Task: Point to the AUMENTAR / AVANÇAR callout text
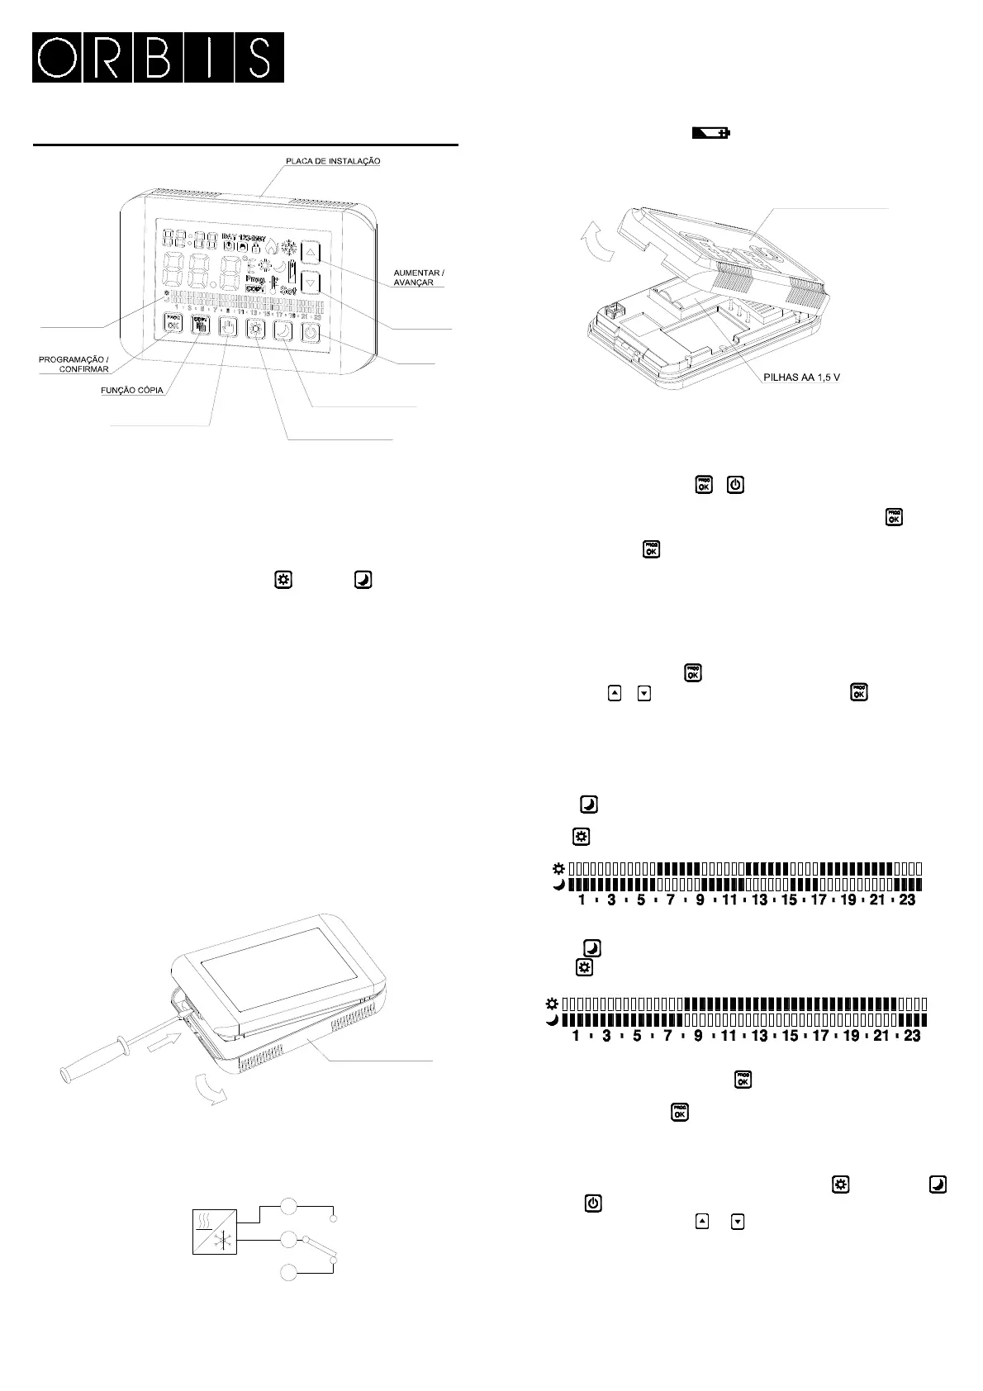coord(419,278)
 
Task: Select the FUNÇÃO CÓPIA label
coord(126,390)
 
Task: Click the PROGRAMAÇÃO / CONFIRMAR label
coord(74,364)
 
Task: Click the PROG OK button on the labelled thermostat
coord(173,324)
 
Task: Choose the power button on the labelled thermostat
coord(311,334)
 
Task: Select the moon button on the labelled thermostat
coord(283,332)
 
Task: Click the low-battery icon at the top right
coord(710,133)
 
